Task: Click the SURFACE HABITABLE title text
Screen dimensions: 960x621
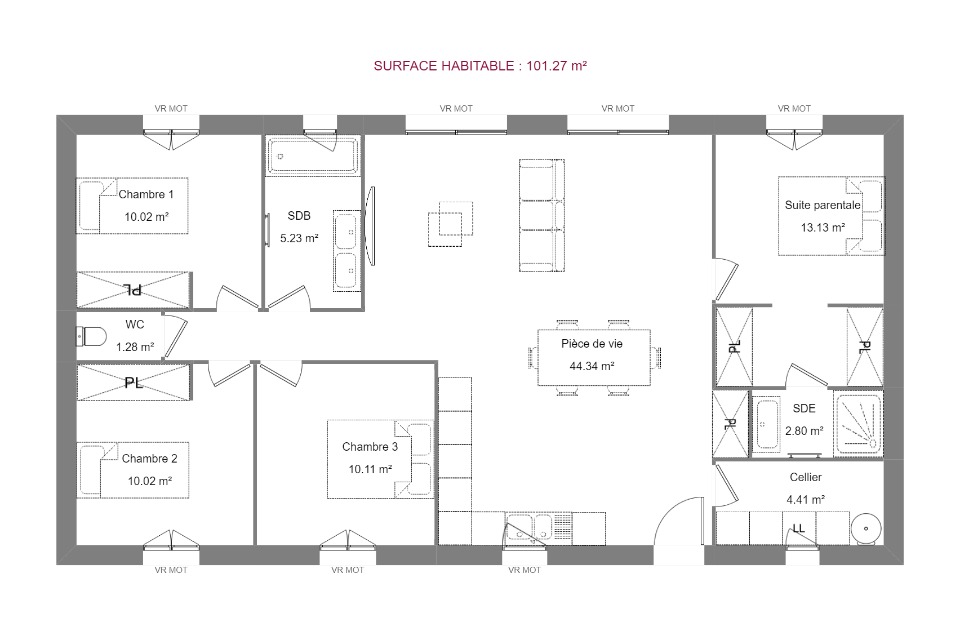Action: tap(480, 66)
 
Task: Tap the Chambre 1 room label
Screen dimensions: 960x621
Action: tap(146, 194)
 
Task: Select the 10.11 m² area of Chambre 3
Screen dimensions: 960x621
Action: tap(370, 469)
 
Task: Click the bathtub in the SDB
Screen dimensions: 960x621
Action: tap(312, 156)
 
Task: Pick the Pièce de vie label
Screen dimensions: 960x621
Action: tap(591, 344)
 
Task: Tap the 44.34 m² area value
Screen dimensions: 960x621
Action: tap(591, 366)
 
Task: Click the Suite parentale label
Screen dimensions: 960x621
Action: tap(822, 205)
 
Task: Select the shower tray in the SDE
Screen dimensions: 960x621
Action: tap(858, 424)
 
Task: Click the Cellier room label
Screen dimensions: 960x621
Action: tap(805, 477)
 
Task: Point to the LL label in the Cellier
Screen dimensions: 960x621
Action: tap(798, 528)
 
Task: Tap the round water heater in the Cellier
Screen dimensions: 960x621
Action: tap(866, 529)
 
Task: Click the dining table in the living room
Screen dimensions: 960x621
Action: tap(594, 358)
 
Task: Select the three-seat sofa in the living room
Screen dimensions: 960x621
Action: tap(541, 215)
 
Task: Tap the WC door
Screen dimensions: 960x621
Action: tap(174, 336)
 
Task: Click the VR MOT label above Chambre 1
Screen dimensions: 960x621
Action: tap(171, 108)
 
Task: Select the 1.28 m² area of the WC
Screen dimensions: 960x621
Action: tap(135, 347)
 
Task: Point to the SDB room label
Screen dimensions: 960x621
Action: tap(299, 216)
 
